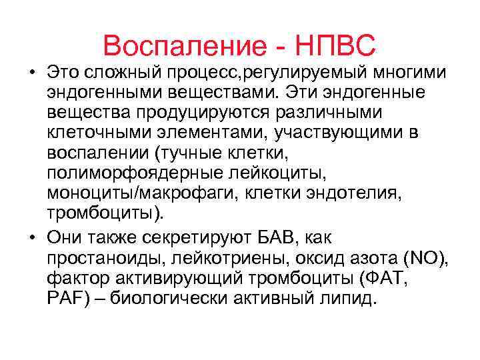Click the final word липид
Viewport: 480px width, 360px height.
(x=351, y=299)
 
